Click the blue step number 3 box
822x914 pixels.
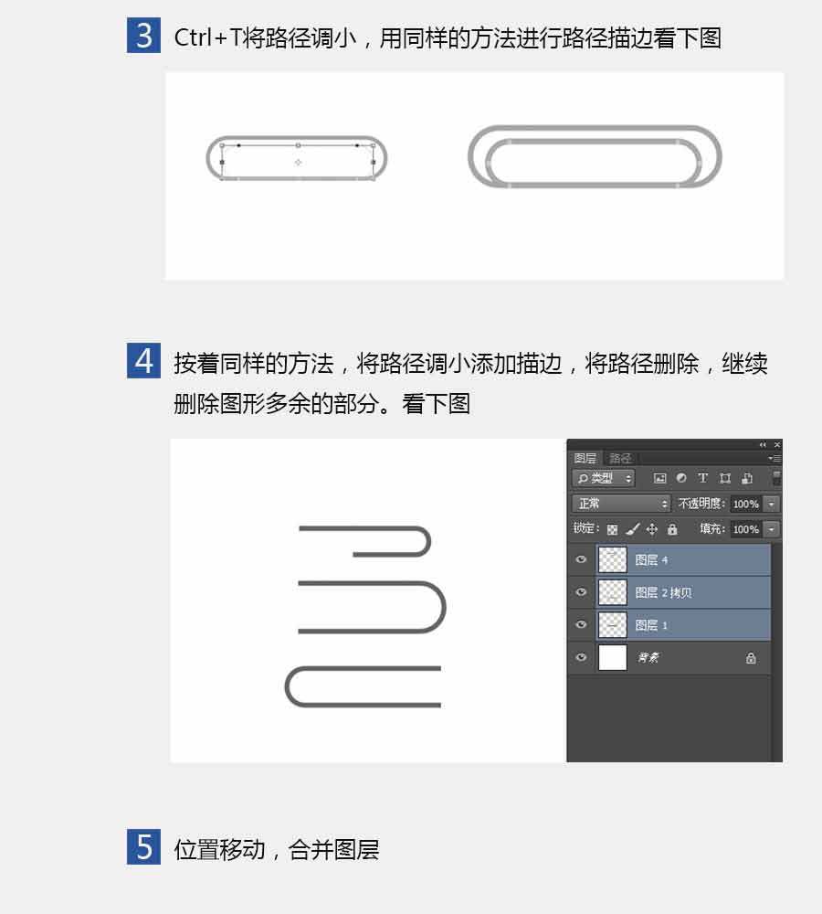click(143, 37)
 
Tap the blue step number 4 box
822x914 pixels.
click(143, 361)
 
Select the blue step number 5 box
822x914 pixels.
click(143, 847)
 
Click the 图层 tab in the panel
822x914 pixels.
click(585, 458)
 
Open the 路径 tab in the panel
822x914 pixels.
click(620, 458)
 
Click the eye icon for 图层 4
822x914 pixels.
click(581, 559)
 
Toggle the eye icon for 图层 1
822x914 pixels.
click(581, 624)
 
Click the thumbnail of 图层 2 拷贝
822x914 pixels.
click(613, 592)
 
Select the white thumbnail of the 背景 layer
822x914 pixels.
click(613, 657)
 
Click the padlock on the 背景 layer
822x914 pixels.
click(751, 657)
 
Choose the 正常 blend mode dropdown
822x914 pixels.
click(621, 504)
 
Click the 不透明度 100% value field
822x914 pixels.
click(745, 504)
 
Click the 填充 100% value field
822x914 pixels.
click(745, 529)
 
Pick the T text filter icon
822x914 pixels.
click(702, 478)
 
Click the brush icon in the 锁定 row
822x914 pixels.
click(633, 529)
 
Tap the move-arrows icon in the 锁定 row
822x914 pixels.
click(652, 529)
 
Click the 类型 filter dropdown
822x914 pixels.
click(604, 478)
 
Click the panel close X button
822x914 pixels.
click(777, 444)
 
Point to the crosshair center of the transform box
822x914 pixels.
click(298, 162)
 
